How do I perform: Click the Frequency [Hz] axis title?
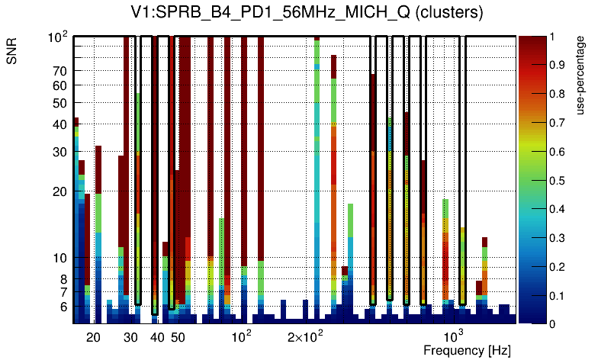tap(467, 351)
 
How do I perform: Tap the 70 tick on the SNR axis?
tap(59, 71)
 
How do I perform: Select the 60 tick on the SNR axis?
tap(59, 85)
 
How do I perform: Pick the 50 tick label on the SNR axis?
tap(59, 103)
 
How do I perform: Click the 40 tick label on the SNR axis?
tap(59, 124)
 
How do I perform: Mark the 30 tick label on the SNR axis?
tap(59, 153)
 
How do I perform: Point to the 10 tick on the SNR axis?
tap(59, 259)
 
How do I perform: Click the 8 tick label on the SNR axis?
tap(63, 279)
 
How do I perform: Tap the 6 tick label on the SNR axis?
tap(63, 307)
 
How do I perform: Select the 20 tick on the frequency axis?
tap(93, 337)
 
